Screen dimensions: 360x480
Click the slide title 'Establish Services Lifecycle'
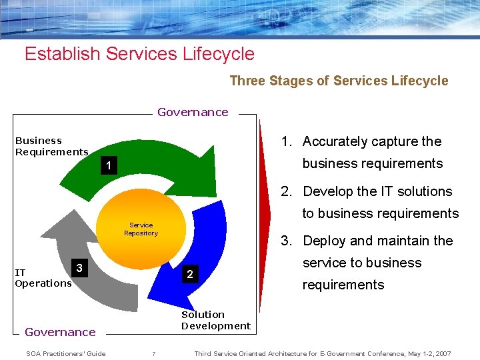coord(139,53)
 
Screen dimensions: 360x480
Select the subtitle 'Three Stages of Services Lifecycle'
coord(339,81)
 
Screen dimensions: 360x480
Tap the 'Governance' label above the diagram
coord(193,112)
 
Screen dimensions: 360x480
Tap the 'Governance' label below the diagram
coord(60,332)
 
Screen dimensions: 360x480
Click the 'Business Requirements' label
coord(51,146)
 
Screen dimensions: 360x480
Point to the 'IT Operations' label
coord(43,278)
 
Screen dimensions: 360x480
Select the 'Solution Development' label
coord(215,320)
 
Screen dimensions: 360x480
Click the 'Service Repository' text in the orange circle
coord(141,229)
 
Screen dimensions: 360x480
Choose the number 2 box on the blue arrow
coord(190,274)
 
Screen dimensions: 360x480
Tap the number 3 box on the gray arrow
coord(79,268)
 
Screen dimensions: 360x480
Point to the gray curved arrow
coord(73,233)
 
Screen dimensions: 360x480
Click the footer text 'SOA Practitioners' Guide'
coord(65,353)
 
